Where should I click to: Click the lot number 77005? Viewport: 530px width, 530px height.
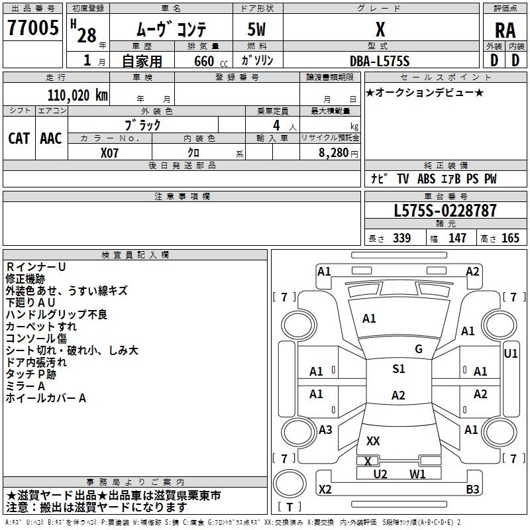pos(32,29)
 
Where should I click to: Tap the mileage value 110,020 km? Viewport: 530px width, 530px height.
pos(78,95)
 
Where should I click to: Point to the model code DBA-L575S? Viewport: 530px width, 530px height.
pos(380,61)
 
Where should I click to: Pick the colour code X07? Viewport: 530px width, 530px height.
pos(110,152)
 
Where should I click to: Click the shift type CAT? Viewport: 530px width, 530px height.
pos(19,138)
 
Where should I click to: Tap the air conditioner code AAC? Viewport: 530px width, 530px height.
pos(50,138)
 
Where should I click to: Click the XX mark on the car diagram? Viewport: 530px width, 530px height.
pos(373,441)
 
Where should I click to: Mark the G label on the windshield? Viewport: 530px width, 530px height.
pos(418,348)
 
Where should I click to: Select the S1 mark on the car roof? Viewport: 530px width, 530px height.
pos(398,369)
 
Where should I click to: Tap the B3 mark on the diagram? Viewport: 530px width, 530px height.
pos(472,490)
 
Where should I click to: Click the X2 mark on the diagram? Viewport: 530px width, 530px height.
pos(325,490)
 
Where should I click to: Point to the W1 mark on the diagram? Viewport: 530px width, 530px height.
pos(417,474)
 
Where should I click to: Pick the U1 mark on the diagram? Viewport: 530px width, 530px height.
pos(510,354)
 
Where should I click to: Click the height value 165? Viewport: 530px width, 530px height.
pos(510,238)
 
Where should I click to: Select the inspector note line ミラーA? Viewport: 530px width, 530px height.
pos(25,386)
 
